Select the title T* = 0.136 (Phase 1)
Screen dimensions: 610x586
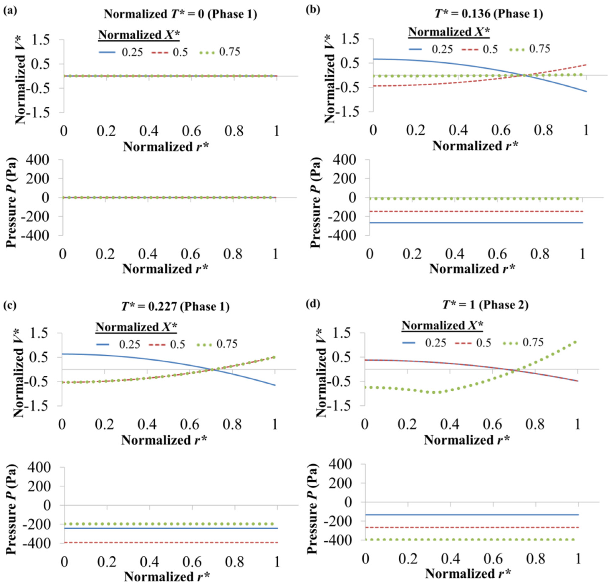[x=489, y=14]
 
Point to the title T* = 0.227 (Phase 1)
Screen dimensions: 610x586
[x=175, y=307]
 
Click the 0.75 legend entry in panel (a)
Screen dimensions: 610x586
[x=219, y=52]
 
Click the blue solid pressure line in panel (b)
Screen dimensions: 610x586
[x=476, y=223]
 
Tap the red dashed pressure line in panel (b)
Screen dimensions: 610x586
[x=476, y=211]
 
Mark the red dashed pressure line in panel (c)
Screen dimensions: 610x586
[x=171, y=542]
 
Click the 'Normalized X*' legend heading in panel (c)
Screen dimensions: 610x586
[x=136, y=327]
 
